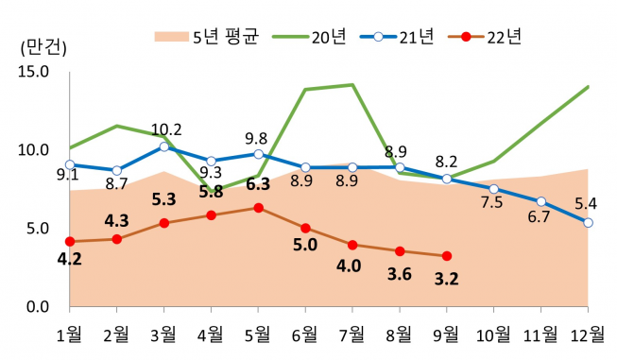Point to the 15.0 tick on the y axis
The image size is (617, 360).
pos(32,72)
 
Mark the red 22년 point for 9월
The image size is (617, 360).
pos(447,256)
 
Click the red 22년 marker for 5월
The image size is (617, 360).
pos(258,208)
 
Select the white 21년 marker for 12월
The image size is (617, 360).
pos(588,223)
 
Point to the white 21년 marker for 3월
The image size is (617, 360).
pos(163,146)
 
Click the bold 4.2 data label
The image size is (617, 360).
pos(69,260)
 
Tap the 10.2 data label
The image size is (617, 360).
pos(166,129)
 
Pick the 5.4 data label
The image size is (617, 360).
pos(585,203)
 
